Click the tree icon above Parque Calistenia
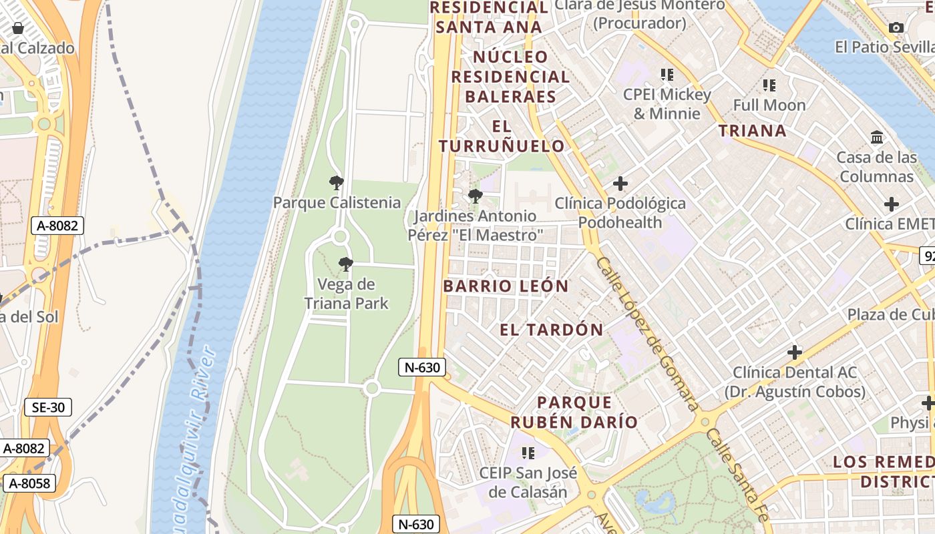click(x=337, y=183)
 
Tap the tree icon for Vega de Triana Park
click(x=345, y=265)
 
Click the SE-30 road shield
click(x=48, y=407)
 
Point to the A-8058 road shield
click(x=28, y=483)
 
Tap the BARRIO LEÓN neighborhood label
click(x=506, y=286)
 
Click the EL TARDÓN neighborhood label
click(x=552, y=330)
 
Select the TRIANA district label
click(x=752, y=131)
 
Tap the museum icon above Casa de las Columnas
click(x=877, y=138)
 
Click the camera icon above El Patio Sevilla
click(x=896, y=28)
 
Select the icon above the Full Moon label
click(x=769, y=85)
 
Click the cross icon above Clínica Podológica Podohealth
click(x=620, y=183)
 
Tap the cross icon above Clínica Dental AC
click(x=795, y=352)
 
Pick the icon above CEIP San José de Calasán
click(x=528, y=453)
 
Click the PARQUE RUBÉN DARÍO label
click(x=574, y=412)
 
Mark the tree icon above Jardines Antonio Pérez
click(x=475, y=196)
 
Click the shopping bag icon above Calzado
click(x=18, y=29)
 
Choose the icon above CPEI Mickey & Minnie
click(x=667, y=75)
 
